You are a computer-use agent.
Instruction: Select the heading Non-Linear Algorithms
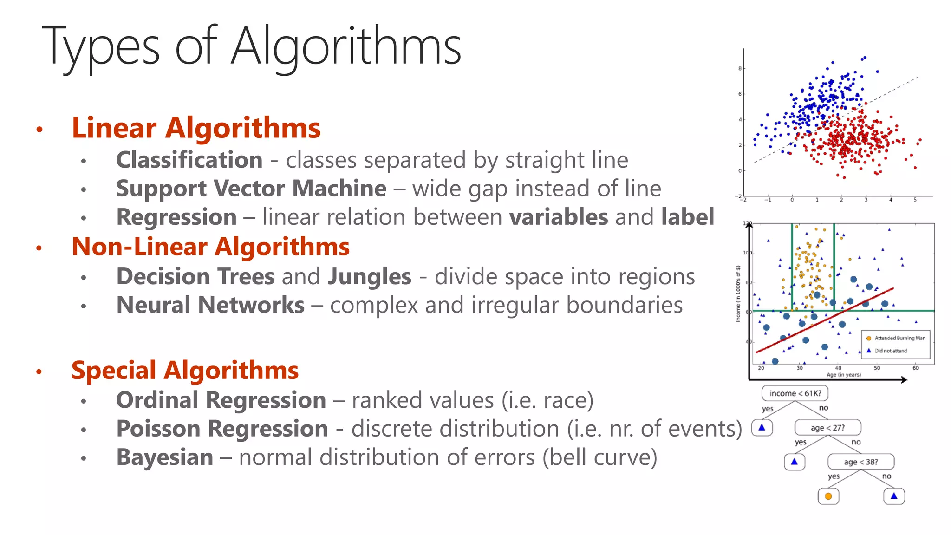tap(210, 247)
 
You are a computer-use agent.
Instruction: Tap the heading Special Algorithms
tap(185, 371)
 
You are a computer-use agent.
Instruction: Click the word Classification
tap(189, 160)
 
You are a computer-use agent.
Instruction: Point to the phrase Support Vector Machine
tap(251, 189)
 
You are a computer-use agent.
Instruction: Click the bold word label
tap(687, 217)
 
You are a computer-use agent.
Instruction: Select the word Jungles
tap(369, 277)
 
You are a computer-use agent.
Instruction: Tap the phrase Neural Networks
tap(210, 305)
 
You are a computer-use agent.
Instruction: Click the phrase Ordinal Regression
tap(221, 400)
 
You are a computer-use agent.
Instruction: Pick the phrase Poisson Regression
tap(222, 429)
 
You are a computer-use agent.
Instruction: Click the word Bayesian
tap(164, 457)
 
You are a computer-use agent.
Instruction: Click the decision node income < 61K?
tap(795, 393)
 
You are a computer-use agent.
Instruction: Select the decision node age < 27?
tap(827, 428)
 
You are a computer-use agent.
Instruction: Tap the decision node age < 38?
tap(860, 462)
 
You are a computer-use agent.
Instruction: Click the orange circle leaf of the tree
tap(828, 496)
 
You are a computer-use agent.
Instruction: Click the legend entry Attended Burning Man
tap(899, 338)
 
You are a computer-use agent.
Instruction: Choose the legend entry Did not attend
tap(890, 351)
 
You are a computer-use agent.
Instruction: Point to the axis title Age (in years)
tap(843, 375)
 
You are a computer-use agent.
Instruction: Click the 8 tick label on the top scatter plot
tap(740, 68)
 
